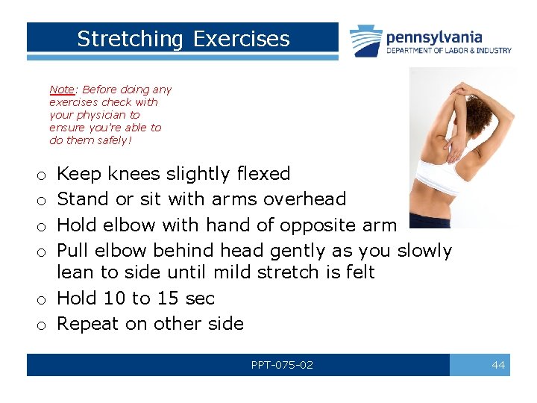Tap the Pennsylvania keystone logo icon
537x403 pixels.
[366, 40]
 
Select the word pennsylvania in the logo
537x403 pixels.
[434, 37]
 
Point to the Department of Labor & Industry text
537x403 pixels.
[449, 51]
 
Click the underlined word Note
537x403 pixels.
[62, 90]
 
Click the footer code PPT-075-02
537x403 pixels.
[282, 365]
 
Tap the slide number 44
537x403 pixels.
[498, 365]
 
